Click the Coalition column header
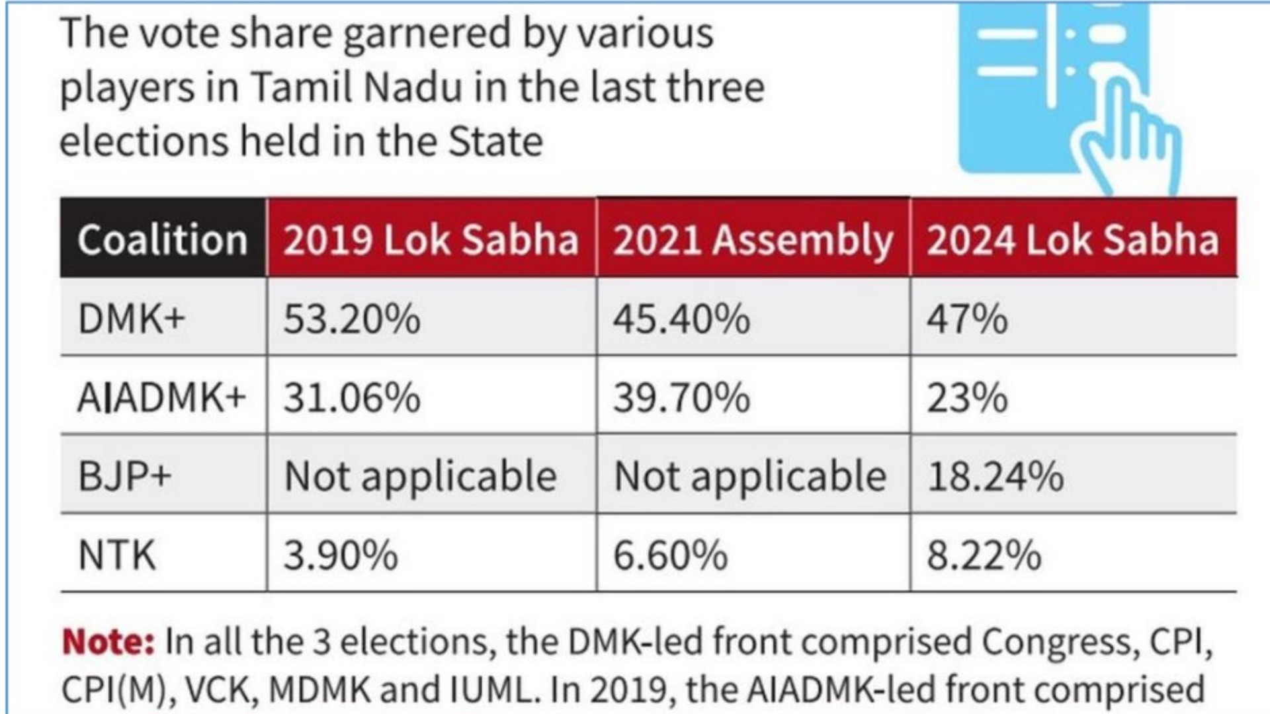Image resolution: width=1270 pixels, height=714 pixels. [x=162, y=239]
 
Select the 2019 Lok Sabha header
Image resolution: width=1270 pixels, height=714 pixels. [x=431, y=239]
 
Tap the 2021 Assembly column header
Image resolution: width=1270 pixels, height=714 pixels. [x=753, y=239]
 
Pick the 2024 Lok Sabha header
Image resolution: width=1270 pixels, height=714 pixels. [x=1072, y=239]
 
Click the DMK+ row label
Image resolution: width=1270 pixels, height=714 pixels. [x=132, y=319]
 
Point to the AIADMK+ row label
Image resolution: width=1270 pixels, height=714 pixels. [x=161, y=398]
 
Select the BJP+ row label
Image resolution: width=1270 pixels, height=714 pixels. [x=124, y=476]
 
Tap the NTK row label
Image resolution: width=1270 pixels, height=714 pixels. [x=117, y=555]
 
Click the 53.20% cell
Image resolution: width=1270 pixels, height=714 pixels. [x=352, y=319]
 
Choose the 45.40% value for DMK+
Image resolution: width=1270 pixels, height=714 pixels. [x=681, y=319]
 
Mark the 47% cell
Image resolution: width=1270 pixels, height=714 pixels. [x=967, y=319]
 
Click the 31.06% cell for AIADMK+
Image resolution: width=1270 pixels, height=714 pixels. [x=352, y=398]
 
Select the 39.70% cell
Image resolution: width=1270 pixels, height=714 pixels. [x=681, y=398]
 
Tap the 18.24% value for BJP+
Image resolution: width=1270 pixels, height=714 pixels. [x=995, y=476]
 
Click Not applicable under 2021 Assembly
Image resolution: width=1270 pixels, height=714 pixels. [x=750, y=476]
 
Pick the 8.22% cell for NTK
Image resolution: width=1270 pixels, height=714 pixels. [x=984, y=555]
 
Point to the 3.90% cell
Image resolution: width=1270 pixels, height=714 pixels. [x=341, y=555]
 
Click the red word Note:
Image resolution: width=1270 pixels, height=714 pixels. [x=108, y=641]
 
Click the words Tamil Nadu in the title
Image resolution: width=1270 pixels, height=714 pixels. [x=355, y=87]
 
